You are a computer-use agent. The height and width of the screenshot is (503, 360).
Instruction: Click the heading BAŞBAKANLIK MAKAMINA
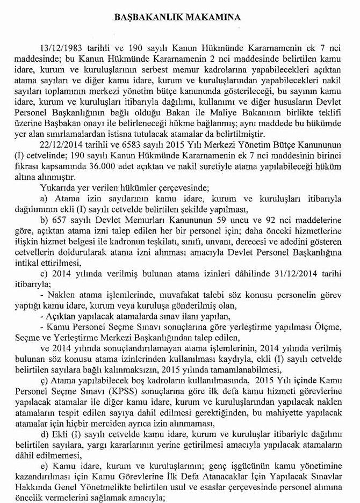[x=179, y=18]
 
